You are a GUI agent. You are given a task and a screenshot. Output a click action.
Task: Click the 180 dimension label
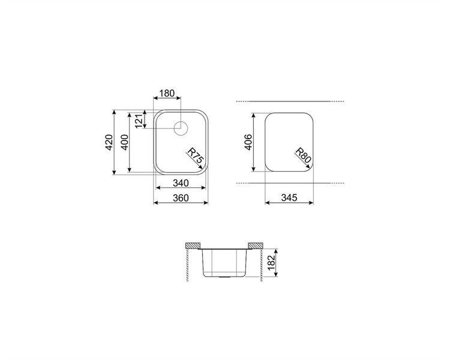pyautogui.click(x=167, y=94)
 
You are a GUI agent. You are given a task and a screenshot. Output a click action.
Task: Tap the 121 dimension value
pyautogui.click(x=139, y=121)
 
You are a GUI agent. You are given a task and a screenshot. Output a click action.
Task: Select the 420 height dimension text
pyautogui.click(x=109, y=142)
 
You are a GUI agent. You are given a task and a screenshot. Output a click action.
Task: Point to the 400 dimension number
pyautogui.click(x=125, y=142)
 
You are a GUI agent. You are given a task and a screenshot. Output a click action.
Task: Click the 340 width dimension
pyautogui.click(x=181, y=183)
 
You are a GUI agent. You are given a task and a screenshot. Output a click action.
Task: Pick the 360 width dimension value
pyautogui.click(x=181, y=198)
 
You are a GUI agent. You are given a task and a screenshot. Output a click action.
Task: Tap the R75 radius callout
pyautogui.click(x=196, y=158)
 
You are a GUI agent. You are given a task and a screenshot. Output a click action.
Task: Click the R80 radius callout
pyautogui.click(x=303, y=155)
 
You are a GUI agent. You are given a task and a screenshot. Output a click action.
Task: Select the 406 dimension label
pyautogui.click(x=248, y=142)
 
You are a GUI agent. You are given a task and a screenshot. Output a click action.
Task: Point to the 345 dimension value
pyautogui.click(x=289, y=198)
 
